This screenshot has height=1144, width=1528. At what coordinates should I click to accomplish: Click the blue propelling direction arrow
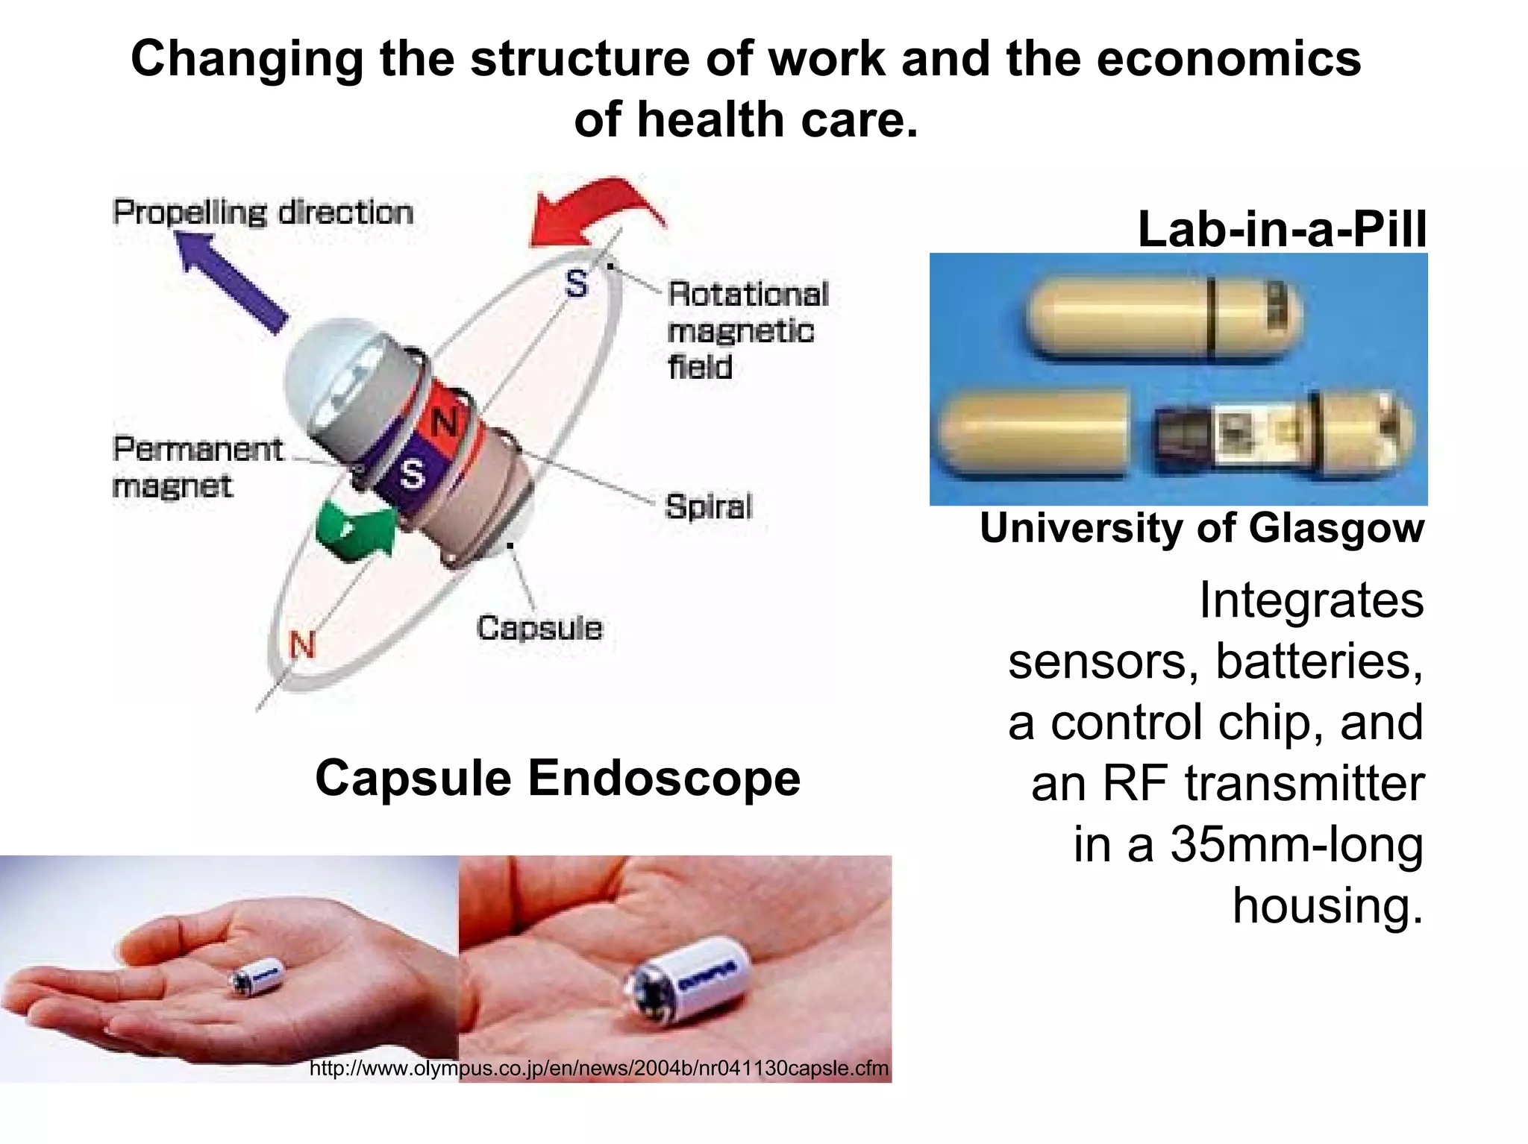[231, 282]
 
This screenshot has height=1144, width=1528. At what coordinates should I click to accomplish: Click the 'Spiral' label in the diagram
[709, 507]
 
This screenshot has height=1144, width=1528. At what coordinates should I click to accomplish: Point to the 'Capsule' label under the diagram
[539, 628]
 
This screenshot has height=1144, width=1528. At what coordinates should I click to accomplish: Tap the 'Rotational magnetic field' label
[746, 330]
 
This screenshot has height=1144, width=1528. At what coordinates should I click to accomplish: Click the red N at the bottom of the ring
[303, 644]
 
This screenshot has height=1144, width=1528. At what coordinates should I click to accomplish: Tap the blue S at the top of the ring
[576, 284]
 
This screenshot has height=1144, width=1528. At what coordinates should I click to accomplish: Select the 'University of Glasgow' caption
[1201, 528]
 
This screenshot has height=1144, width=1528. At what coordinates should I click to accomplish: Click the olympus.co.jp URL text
[598, 1068]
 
